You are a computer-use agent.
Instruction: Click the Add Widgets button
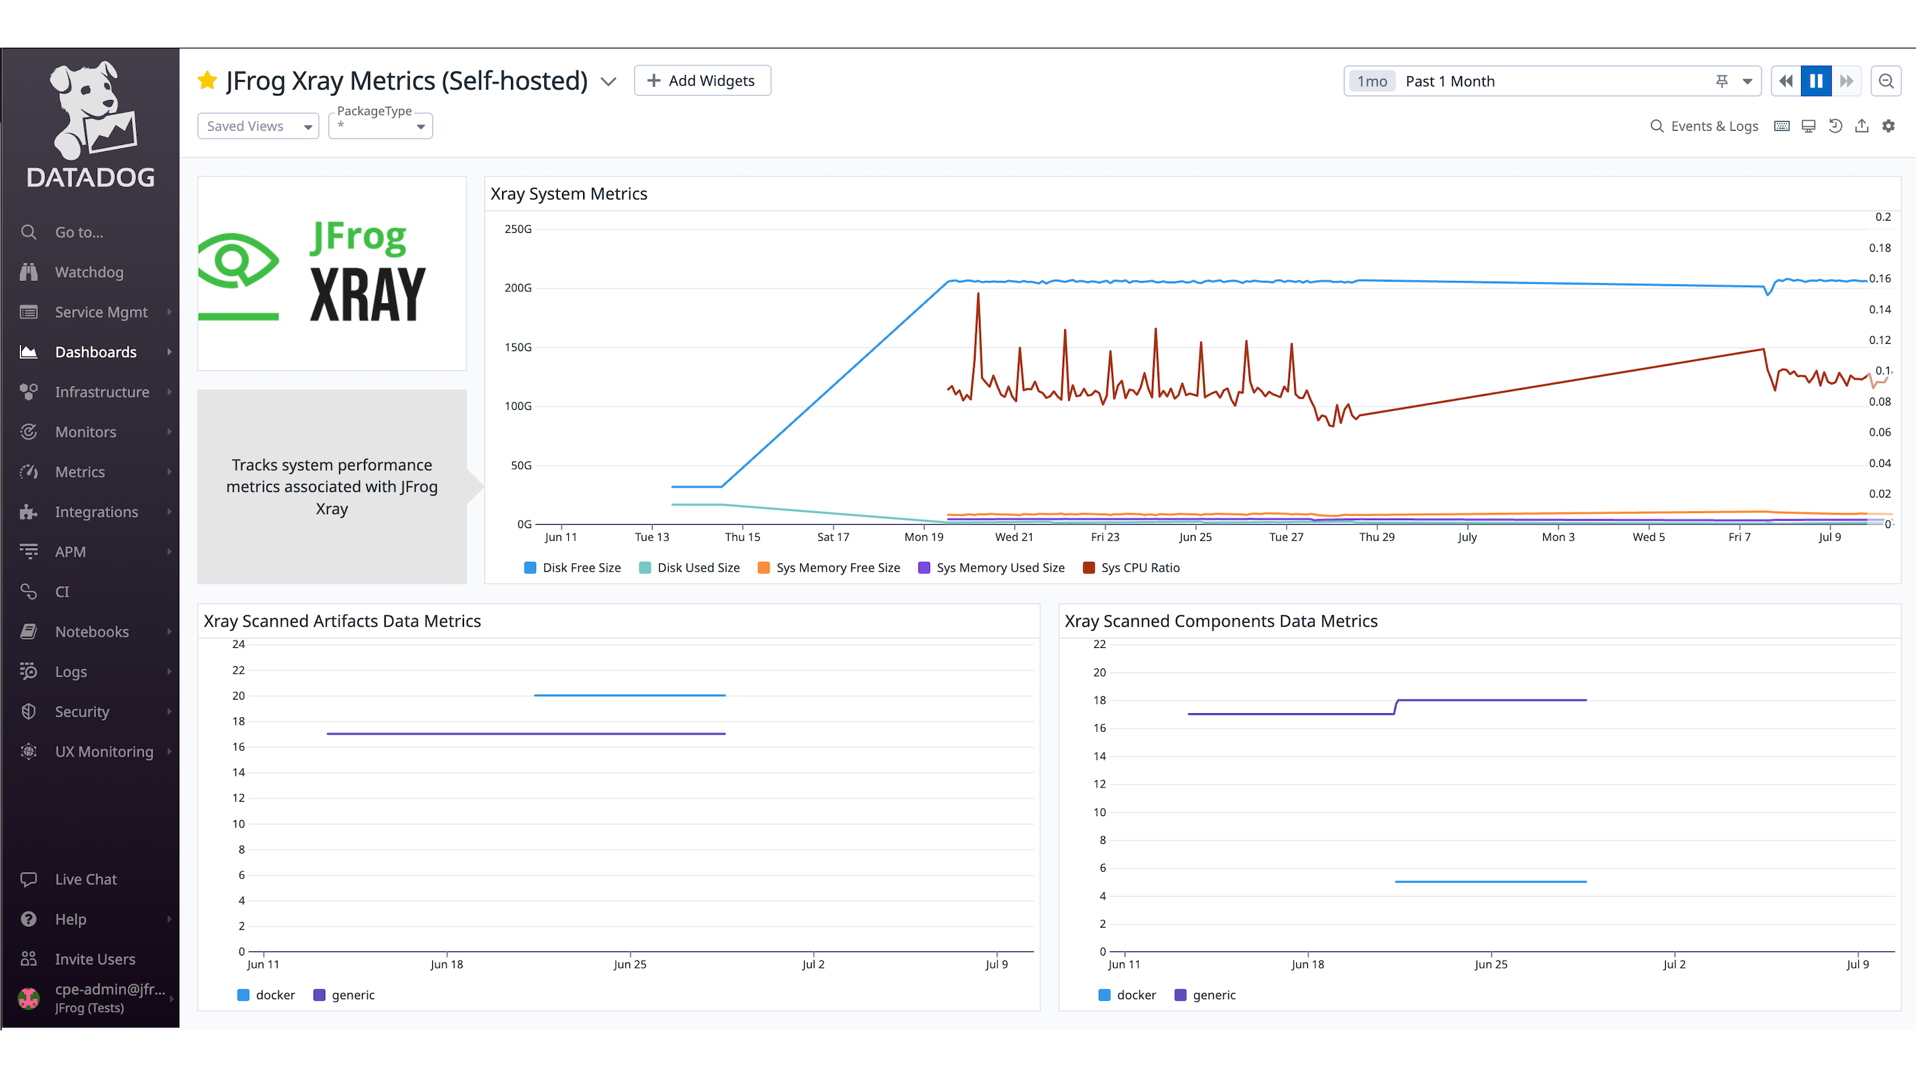coord(701,80)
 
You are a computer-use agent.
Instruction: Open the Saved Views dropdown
coord(257,126)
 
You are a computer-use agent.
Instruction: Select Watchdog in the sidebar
coord(88,272)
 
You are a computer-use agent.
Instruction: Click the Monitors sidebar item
coord(85,432)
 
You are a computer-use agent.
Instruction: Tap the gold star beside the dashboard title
coord(208,80)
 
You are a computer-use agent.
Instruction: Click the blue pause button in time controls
coord(1815,81)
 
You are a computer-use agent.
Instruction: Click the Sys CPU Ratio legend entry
coord(1132,568)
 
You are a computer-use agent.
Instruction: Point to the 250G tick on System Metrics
coord(518,229)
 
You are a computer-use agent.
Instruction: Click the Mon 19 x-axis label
coord(924,537)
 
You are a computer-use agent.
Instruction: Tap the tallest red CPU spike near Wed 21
coord(978,295)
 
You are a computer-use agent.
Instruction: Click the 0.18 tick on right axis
coord(1879,248)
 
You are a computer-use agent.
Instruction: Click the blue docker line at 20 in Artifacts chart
coord(629,695)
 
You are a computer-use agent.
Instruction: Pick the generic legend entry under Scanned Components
coord(1205,995)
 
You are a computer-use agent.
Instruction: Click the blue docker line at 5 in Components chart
coord(1491,881)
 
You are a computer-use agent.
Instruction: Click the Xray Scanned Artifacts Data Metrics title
coord(342,621)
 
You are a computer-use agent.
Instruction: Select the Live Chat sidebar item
coord(85,879)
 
